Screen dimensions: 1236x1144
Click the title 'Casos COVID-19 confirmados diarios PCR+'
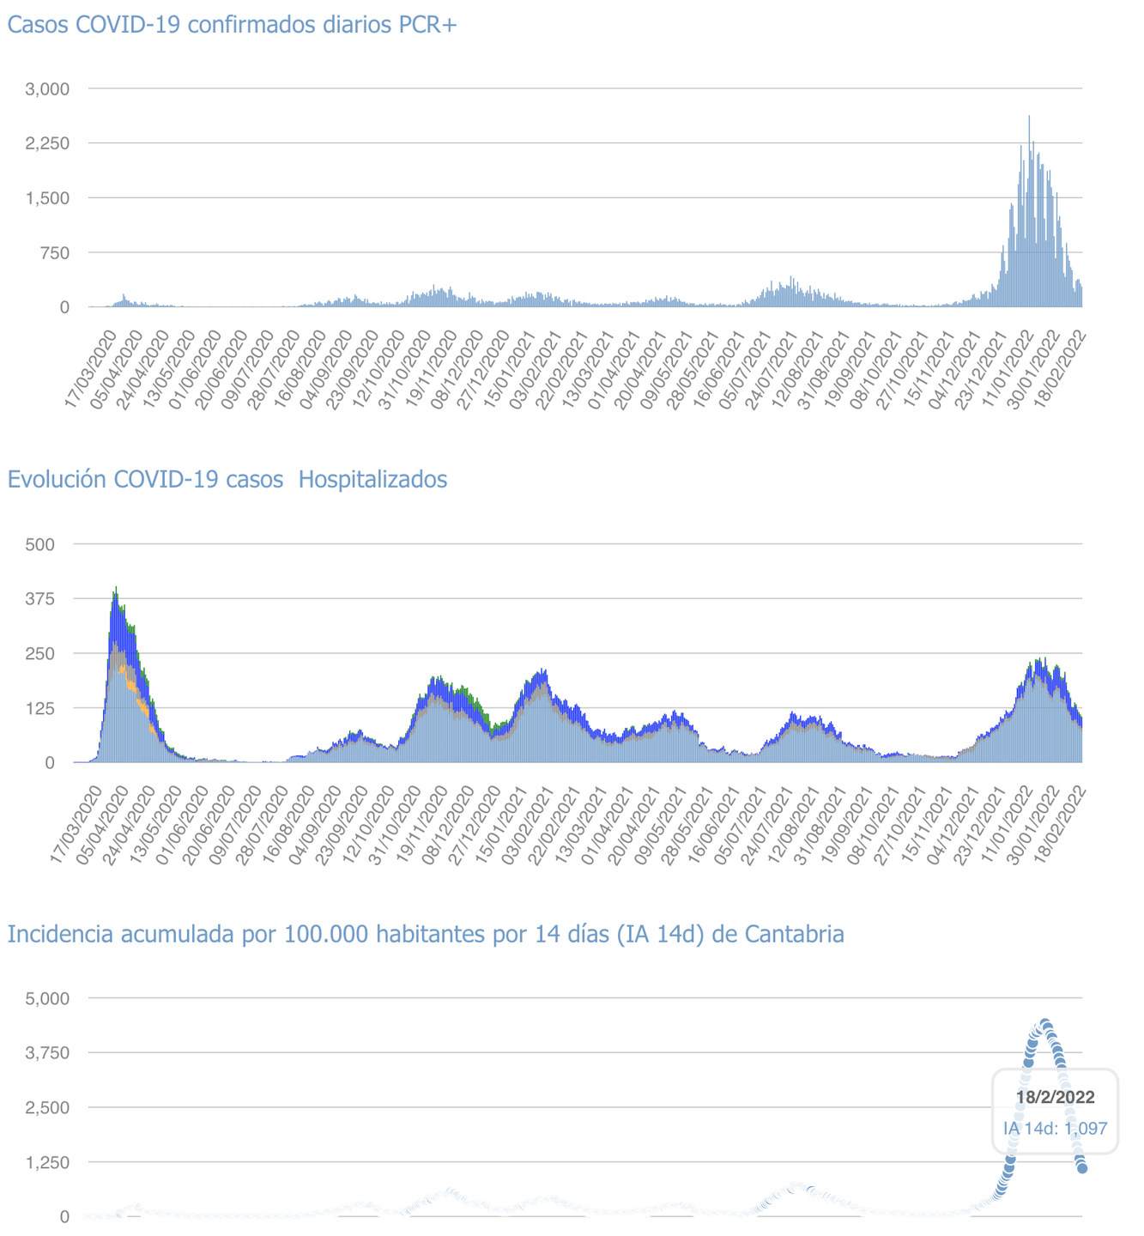click(x=232, y=24)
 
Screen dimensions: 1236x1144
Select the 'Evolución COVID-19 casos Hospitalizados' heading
click(x=227, y=479)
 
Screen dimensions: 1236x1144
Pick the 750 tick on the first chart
click(x=53, y=252)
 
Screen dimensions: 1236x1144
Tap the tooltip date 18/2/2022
click(x=1055, y=1097)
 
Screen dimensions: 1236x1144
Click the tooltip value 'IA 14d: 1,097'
click(x=1055, y=1128)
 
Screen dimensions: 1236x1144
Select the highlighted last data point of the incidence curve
click(x=1082, y=1168)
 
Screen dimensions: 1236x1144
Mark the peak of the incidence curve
click(x=1045, y=1023)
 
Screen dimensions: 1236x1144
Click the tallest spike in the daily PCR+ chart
click(x=1029, y=118)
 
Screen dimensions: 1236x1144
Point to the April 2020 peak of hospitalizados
click(x=116, y=590)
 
